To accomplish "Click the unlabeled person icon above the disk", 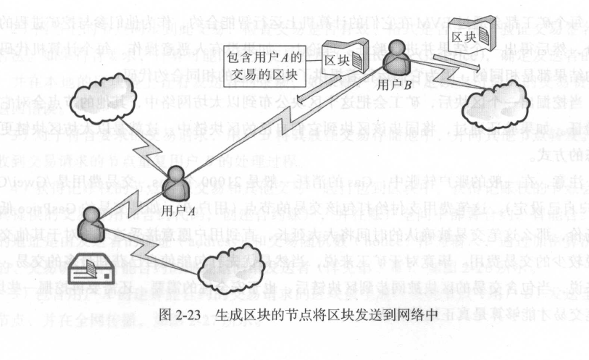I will pos(93,225).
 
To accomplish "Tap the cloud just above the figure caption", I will pos(246,279).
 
